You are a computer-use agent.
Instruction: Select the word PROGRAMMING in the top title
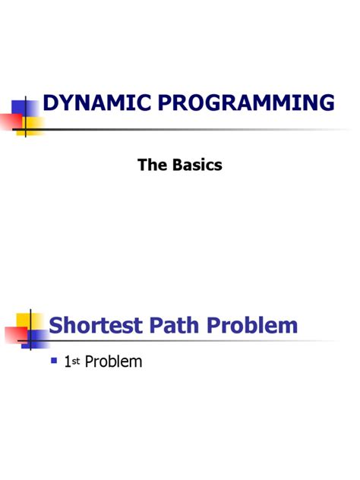pos(242,102)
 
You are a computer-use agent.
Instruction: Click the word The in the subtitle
pos(151,163)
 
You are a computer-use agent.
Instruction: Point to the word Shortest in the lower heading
pos(95,327)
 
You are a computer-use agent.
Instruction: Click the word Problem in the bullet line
pos(113,362)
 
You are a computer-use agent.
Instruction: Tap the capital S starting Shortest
pos(55,327)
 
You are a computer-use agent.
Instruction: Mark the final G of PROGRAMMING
pos(325,102)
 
